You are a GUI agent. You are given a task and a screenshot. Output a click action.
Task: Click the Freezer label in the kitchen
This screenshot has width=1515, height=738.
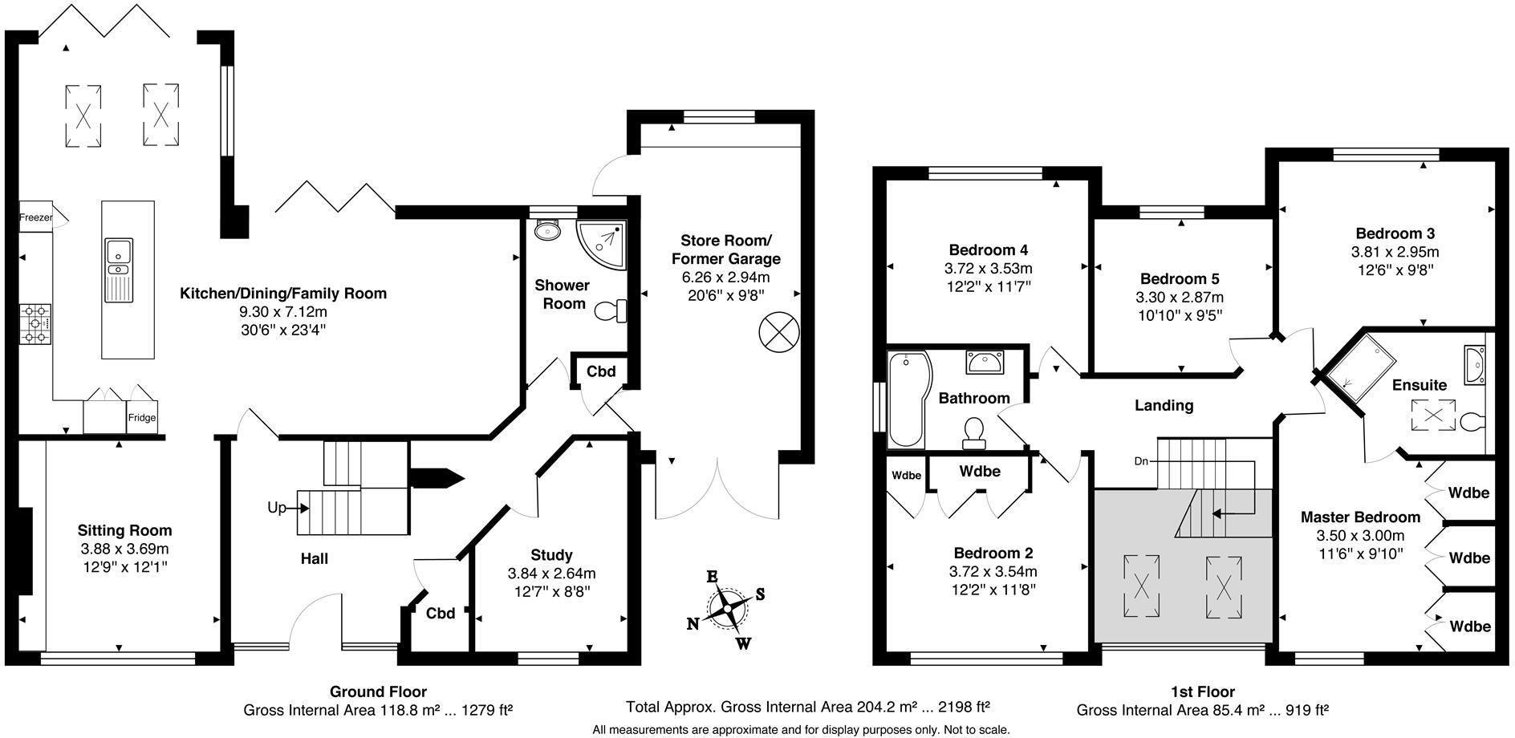[x=35, y=217]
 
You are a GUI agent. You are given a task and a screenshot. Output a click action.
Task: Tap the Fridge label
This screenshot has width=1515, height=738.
[x=142, y=418]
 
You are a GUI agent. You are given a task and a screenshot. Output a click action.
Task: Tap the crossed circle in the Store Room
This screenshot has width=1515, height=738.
[x=778, y=332]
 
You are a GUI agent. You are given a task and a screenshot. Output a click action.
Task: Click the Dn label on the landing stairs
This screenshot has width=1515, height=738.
[x=1142, y=461]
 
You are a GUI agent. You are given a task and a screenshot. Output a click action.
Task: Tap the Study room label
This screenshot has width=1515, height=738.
[x=551, y=554]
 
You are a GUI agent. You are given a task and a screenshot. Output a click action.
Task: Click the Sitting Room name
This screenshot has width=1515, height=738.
[x=124, y=530]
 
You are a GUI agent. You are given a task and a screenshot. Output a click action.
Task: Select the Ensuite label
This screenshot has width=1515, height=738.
[x=1420, y=385]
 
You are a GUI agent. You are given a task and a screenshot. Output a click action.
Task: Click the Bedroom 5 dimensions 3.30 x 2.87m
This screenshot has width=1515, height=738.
[x=1180, y=298]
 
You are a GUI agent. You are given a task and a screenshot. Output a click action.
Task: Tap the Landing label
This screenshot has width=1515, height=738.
[x=1164, y=406]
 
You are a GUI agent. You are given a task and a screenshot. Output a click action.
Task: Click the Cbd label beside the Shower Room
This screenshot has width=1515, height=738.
[x=601, y=371]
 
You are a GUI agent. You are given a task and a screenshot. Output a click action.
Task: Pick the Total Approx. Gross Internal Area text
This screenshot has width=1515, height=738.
[x=807, y=707]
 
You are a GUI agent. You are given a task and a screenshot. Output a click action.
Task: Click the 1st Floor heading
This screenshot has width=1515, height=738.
[x=1202, y=691]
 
